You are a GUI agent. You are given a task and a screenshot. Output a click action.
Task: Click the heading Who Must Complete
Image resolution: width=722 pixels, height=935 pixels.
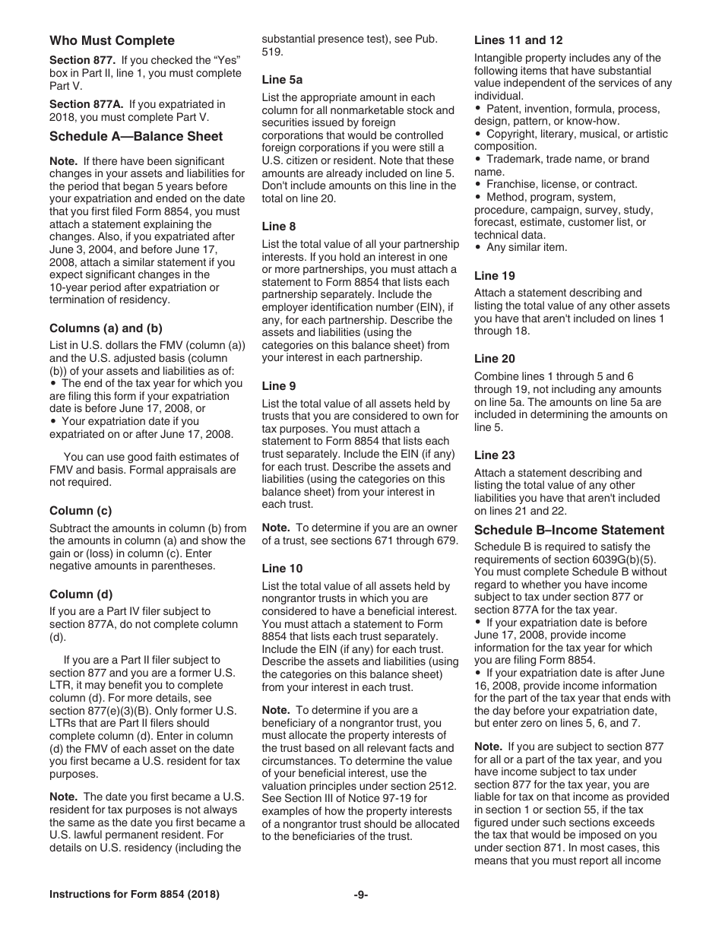(x=112, y=41)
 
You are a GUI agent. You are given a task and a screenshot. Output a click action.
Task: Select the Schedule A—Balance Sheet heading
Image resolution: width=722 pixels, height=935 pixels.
(x=136, y=137)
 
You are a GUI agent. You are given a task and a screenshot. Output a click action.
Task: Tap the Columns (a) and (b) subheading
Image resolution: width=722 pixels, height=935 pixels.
(x=106, y=328)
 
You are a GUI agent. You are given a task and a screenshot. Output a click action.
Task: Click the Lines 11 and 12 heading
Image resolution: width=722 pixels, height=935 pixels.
(x=518, y=40)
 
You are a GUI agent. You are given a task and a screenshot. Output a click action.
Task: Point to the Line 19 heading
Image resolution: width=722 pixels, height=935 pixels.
(x=494, y=276)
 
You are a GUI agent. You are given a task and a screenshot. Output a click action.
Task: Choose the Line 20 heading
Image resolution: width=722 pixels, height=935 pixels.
(x=494, y=359)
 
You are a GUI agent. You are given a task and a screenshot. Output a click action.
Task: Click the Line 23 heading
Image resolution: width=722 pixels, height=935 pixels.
(x=494, y=455)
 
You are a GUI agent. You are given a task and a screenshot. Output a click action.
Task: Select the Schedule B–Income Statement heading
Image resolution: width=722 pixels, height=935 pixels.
(x=568, y=531)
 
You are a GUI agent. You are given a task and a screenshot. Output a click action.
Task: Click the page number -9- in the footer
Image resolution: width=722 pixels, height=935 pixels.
(x=361, y=895)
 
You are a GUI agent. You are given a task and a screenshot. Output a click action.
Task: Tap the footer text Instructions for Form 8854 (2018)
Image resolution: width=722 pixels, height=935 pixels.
(x=135, y=895)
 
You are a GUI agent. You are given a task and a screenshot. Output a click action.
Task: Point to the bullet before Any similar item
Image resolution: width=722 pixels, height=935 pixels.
(x=478, y=247)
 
